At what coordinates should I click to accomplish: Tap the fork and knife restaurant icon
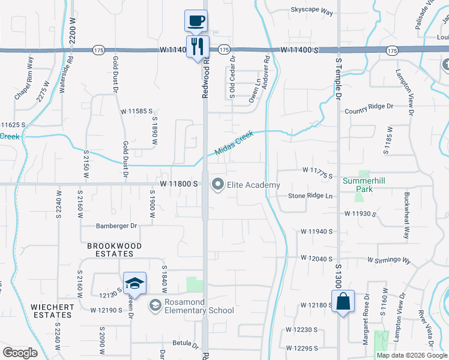[x=197, y=46]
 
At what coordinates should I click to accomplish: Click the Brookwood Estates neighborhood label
[x=115, y=250]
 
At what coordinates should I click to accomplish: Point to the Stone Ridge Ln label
[x=310, y=196]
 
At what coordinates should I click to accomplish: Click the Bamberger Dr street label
[x=117, y=226]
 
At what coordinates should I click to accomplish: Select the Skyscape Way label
[x=312, y=10]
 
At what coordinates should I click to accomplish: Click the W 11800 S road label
[x=179, y=184]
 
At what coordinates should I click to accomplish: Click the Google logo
[x=20, y=353]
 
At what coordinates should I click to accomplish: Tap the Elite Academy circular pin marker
[x=217, y=185]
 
